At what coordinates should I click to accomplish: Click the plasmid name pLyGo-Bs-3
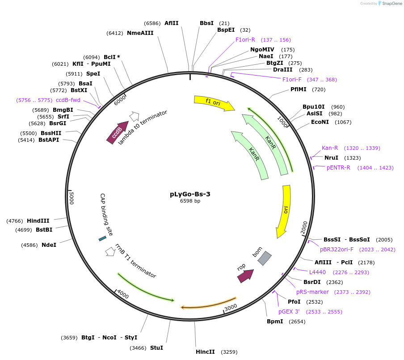coord(190,194)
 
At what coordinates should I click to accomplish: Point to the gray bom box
coord(265,258)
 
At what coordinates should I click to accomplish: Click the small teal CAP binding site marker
coord(102,239)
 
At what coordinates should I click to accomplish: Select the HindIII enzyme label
coord(38,220)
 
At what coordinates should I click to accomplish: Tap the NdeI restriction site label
coord(49,245)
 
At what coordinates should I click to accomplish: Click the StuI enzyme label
coord(156,347)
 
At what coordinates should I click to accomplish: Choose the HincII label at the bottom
coord(205,352)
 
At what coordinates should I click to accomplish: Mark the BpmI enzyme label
coord(275,321)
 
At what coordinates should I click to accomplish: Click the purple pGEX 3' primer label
coord(289,311)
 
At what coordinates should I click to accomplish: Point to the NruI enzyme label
coord(331,157)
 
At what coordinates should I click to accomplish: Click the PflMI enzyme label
coord(299,89)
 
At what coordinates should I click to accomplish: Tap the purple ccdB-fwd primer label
coord(68,100)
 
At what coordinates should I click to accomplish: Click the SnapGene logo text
coord(392,4)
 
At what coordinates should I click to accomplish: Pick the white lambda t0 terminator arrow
coord(134,116)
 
